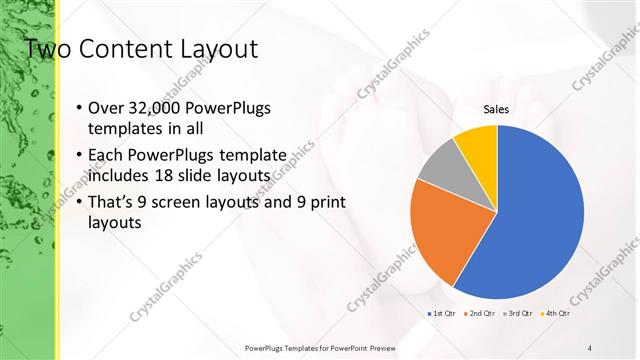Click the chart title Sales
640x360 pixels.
pyautogui.click(x=496, y=109)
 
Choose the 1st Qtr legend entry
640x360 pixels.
pyautogui.click(x=442, y=314)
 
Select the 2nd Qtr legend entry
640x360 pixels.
pyautogui.click(x=480, y=314)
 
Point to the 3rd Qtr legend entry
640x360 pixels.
pyautogui.click(x=518, y=314)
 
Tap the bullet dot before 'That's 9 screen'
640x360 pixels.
pyautogui.click(x=79, y=204)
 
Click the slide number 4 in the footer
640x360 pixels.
pyautogui.click(x=590, y=347)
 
